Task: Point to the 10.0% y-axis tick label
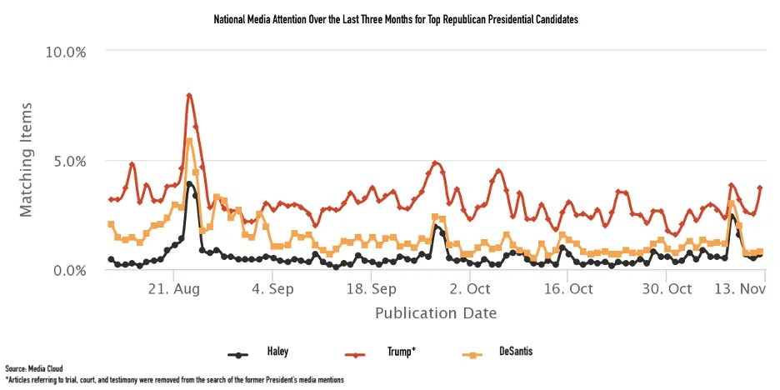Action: pyautogui.click(x=66, y=52)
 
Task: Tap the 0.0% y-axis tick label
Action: pyautogui.click(x=69, y=270)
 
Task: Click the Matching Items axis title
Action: pyautogui.click(x=27, y=160)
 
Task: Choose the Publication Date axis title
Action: pyautogui.click(x=436, y=313)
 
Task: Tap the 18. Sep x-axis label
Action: pyautogui.click(x=371, y=289)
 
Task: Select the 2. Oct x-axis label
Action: pyautogui.click(x=469, y=289)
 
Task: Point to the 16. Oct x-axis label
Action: pyautogui.click(x=567, y=289)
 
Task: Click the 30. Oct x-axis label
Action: pyautogui.click(x=667, y=289)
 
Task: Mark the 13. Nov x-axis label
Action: pyautogui.click(x=741, y=289)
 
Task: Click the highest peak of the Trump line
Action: pyautogui.click(x=189, y=95)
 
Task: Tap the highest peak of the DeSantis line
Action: pyautogui.click(x=189, y=141)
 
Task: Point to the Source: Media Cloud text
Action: pyautogui.click(x=33, y=367)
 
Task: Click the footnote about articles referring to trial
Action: pyautogui.click(x=174, y=379)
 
